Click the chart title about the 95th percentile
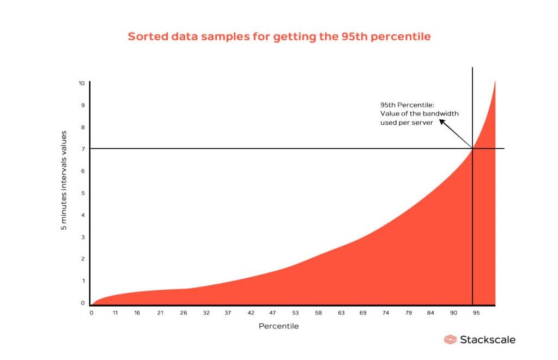pos(279,36)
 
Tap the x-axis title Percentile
pos(278,326)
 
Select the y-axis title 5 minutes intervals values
pos(64,180)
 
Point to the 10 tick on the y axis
pos(81,83)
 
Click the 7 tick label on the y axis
pos(83,149)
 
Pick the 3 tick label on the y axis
pos(83,237)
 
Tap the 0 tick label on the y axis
pos(83,303)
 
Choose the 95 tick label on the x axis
pos(476,313)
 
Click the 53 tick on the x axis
pos(295,313)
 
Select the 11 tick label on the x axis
pos(115,313)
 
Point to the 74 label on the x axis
pos(386,313)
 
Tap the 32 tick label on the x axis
pos(205,313)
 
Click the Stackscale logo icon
pos(450,340)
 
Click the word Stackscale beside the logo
pos(487,340)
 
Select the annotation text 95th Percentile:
pos(404,104)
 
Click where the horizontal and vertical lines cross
pos(472,148)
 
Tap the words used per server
pos(406,123)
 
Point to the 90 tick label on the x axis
pos(453,313)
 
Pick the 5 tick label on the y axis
pos(83,193)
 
